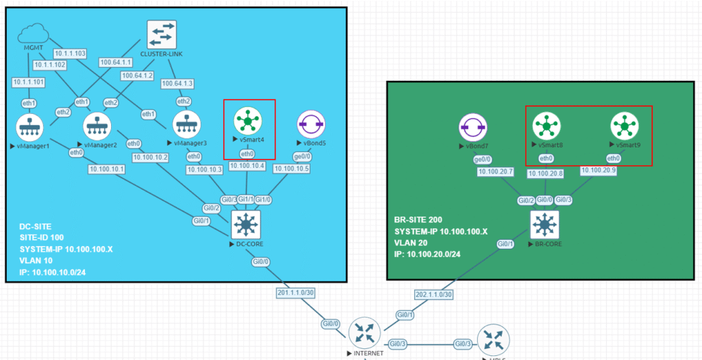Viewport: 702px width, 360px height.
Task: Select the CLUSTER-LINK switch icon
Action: point(162,33)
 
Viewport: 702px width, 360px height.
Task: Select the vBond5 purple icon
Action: point(311,124)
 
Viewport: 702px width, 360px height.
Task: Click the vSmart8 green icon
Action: point(546,126)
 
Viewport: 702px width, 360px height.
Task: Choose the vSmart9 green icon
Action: point(623,126)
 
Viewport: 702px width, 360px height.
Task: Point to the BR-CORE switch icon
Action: point(545,224)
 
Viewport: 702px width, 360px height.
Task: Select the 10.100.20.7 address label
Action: point(496,171)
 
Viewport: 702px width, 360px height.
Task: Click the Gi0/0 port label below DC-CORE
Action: point(261,261)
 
